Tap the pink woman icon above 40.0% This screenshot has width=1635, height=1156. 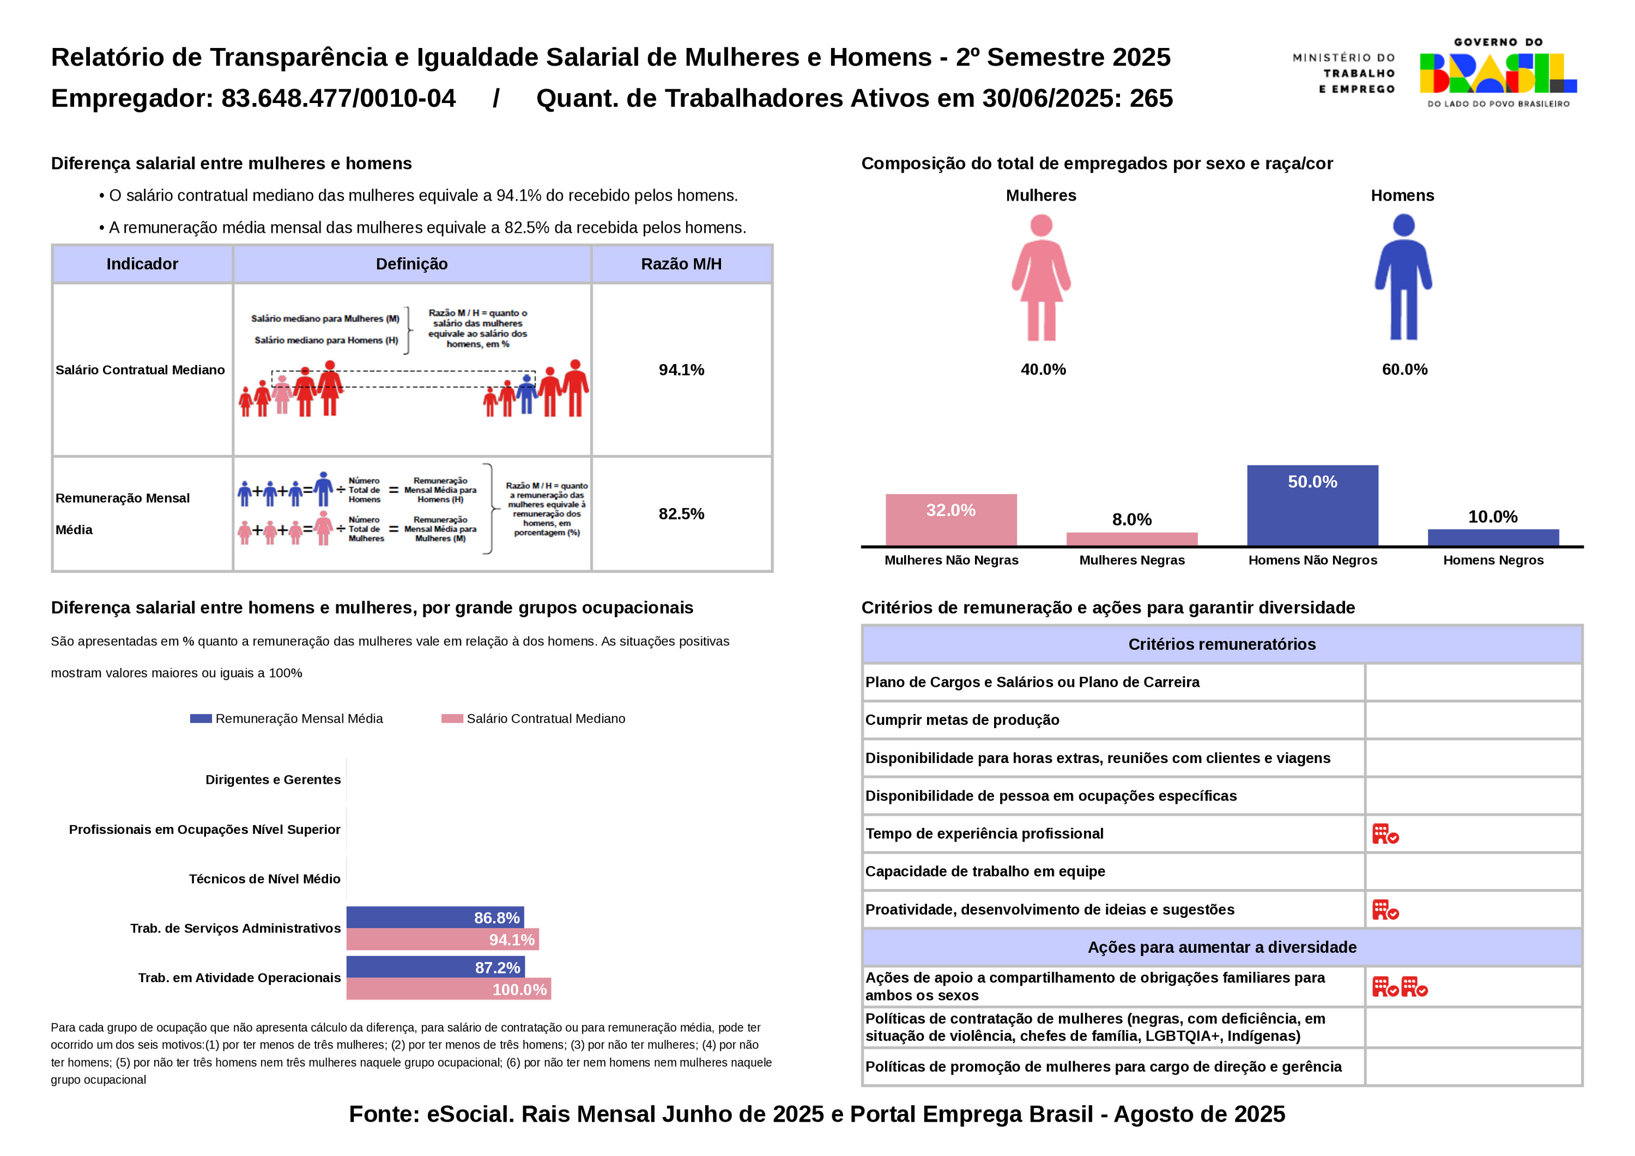click(x=1041, y=278)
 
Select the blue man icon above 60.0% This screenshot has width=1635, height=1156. click(x=1403, y=278)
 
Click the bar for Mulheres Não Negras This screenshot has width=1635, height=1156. click(x=950, y=520)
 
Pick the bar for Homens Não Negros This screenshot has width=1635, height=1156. click(x=1312, y=506)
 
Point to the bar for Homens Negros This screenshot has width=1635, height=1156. click(x=1493, y=538)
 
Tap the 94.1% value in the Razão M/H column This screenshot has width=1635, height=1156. click(x=681, y=370)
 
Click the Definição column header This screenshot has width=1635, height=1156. click(x=411, y=264)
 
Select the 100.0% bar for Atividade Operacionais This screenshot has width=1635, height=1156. click(x=449, y=989)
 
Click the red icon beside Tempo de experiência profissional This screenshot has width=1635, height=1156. click(x=1385, y=834)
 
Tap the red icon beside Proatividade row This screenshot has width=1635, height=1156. click(x=1385, y=910)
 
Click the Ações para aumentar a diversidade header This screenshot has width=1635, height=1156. click(x=1221, y=947)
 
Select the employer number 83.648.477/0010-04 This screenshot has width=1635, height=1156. click(x=338, y=98)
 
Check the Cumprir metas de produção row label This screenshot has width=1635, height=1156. click(x=962, y=720)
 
